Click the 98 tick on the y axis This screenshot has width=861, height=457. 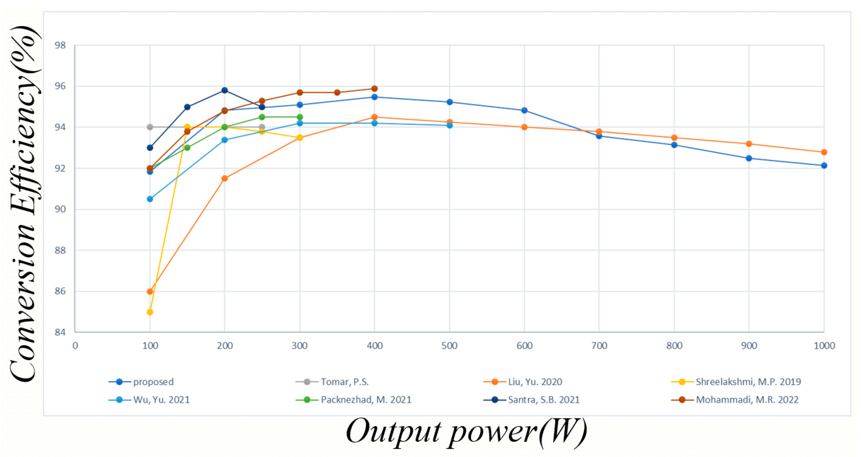click(60, 45)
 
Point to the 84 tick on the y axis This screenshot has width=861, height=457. click(60, 332)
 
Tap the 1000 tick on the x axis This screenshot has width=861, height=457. click(824, 346)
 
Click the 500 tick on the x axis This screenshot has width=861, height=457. click(449, 346)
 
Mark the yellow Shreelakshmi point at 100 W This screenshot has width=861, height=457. click(150, 312)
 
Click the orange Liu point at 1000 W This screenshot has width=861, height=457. click(824, 152)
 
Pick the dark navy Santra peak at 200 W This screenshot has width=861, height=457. click(225, 90)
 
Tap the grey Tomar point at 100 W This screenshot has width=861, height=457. click(150, 127)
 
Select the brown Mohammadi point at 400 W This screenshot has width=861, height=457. click(374, 89)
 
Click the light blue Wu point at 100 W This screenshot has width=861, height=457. click(150, 199)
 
